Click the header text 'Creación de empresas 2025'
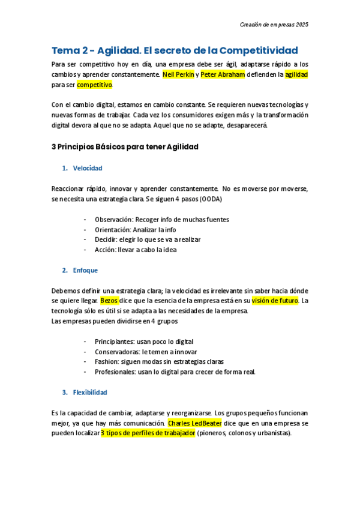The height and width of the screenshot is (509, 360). tap(274, 25)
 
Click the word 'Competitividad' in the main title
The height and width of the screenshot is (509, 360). tap(259, 50)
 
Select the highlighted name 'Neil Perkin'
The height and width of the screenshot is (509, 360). tap(178, 74)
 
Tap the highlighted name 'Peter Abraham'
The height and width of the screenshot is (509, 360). tap(220, 74)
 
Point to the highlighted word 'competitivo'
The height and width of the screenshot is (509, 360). tap(95, 85)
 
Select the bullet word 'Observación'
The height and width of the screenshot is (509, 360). tap(112, 220)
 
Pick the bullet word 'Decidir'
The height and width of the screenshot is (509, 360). tap(106, 239)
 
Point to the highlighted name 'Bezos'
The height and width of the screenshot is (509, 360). tap(109, 301)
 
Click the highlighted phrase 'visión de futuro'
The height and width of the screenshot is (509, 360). tap(274, 301)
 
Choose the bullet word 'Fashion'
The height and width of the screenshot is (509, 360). tap(106, 362)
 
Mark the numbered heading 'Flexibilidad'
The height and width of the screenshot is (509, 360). tap(90, 393)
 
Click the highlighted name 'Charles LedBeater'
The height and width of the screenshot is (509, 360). tap(194, 423)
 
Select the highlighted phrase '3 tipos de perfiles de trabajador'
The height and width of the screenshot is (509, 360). tap(148, 433)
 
